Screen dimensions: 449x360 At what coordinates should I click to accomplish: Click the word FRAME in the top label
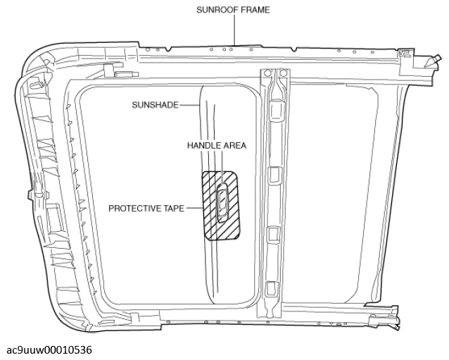click(x=255, y=10)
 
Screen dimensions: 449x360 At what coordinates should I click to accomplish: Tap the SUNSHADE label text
click(x=155, y=105)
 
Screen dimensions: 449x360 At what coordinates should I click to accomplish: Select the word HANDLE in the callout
click(x=203, y=146)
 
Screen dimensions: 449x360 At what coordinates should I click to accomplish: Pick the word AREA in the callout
click(x=234, y=146)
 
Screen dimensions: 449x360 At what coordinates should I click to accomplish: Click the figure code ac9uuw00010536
click(x=49, y=350)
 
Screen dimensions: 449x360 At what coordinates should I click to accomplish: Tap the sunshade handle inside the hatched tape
click(x=222, y=203)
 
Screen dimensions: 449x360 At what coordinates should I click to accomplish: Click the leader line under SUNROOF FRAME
click(x=234, y=30)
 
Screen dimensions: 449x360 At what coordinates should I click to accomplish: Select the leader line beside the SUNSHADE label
click(x=189, y=105)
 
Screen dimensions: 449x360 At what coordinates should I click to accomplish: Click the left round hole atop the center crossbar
click(x=267, y=73)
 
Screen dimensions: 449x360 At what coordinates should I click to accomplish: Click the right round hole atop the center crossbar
click(x=283, y=73)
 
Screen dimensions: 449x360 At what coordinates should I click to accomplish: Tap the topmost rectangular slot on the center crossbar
click(x=277, y=110)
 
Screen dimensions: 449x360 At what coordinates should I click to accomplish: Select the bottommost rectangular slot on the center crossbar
click(x=272, y=290)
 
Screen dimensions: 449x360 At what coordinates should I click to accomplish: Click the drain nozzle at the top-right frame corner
click(x=433, y=61)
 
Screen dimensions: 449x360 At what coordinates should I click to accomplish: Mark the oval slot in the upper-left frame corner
click(x=37, y=85)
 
